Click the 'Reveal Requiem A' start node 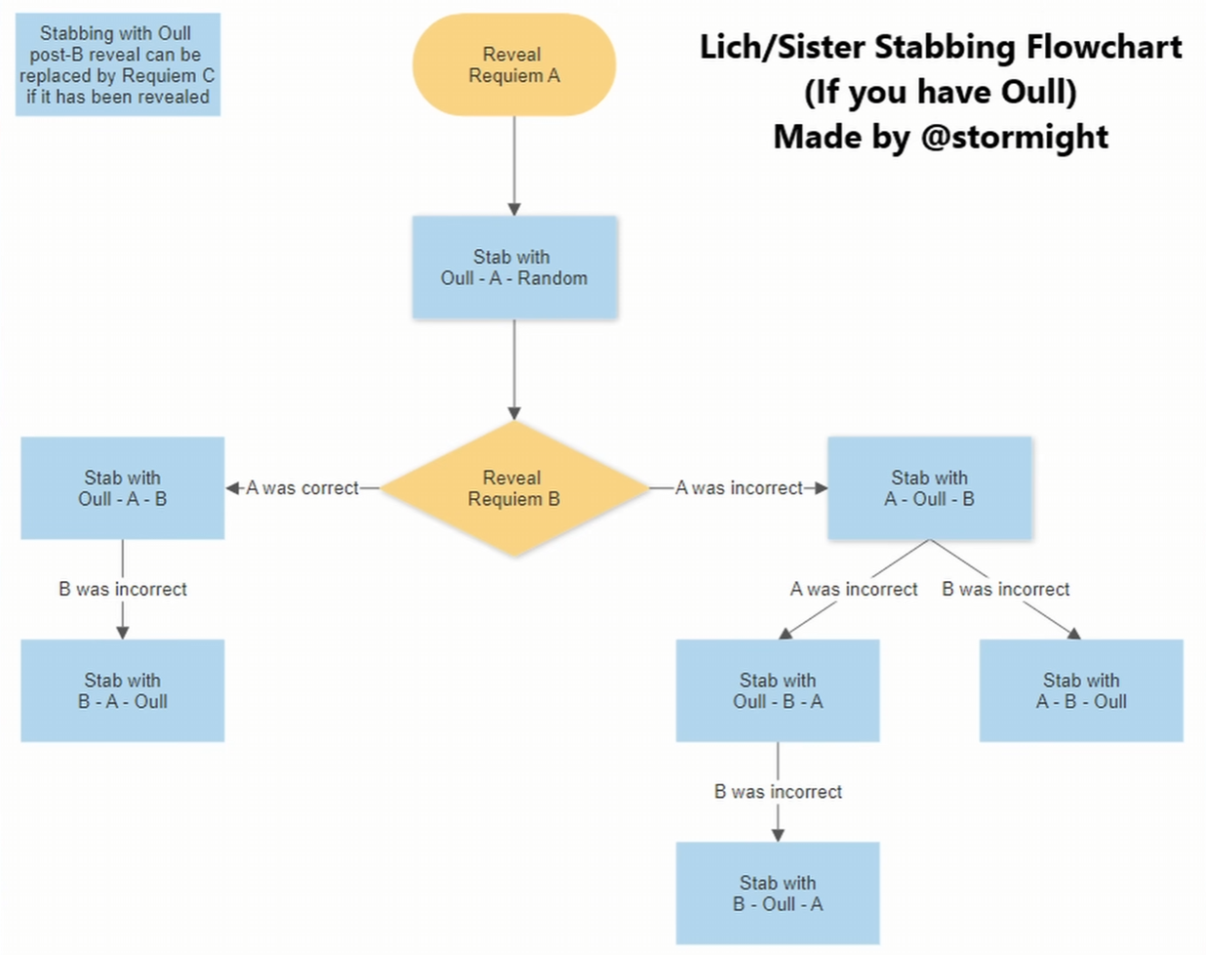point(513,65)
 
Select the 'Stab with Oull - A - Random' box point(514,268)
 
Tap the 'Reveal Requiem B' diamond point(513,488)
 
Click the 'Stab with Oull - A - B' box point(122,488)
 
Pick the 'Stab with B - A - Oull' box point(122,690)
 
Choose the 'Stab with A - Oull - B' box point(929,488)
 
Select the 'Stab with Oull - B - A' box point(778,690)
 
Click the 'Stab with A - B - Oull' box point(1081,690)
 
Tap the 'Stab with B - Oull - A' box point(778,893)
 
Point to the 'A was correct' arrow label point(301,488)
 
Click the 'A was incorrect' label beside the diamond point(739,488)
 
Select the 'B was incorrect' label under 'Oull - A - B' point(122,589)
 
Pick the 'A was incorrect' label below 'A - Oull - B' point(854,589)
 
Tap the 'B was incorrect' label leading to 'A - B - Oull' point(1005,589)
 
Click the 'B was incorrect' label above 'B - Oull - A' point(778,791)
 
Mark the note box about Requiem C point(117,64)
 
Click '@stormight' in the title point(1014,137)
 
